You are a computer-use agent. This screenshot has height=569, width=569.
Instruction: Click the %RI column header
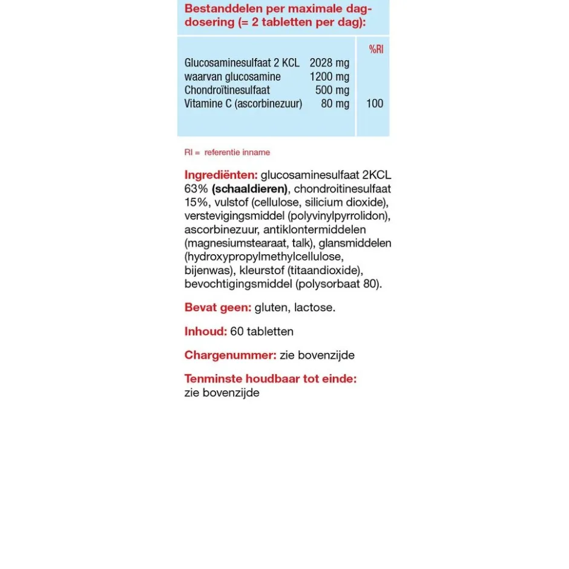[376, 49]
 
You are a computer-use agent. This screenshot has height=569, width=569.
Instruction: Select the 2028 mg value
[329, 63]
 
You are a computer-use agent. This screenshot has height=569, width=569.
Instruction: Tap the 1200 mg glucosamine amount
[329, 77]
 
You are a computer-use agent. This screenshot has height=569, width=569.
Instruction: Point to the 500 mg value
[332, 90]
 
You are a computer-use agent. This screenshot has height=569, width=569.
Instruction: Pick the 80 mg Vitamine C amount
[335, 104]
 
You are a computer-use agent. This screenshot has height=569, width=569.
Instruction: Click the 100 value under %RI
[375, 104]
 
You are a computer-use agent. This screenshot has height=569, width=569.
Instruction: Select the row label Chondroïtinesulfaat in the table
[227, 90]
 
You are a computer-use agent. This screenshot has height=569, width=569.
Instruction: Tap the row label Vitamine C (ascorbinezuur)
[243, 104]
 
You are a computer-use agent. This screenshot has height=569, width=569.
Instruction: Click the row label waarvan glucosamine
[232, 77]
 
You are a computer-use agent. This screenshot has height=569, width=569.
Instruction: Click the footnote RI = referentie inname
[227, 152]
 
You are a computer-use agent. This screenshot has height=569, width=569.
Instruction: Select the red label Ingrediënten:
[221, 175]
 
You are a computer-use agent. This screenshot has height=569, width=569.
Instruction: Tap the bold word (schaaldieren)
[250, 189]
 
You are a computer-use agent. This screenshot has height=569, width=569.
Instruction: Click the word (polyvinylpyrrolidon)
[339, 216]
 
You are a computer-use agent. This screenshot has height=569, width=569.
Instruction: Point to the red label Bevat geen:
[217, 308]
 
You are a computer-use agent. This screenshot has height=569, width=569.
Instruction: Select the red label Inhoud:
[205, 332]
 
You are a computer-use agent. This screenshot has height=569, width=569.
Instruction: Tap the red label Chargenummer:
[230, 355]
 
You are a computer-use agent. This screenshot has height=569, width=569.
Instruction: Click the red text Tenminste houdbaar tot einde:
[270, 379]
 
